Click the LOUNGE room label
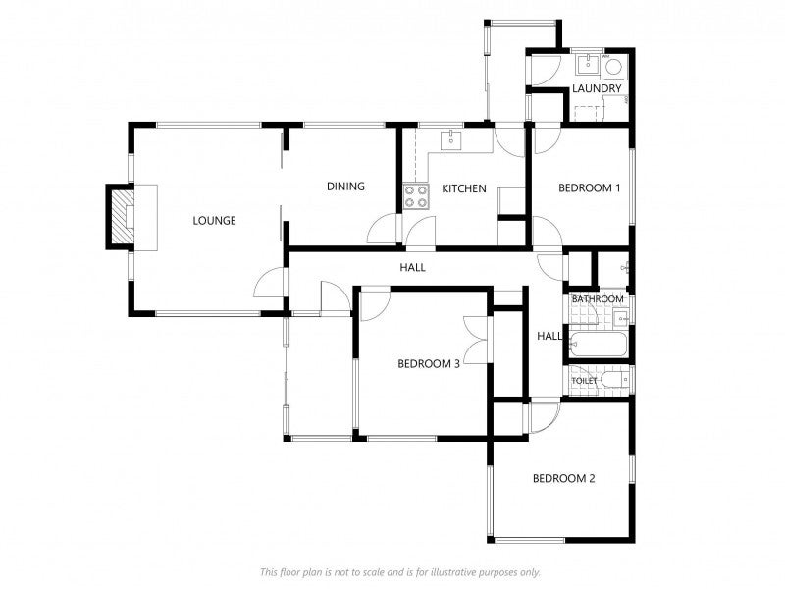214,220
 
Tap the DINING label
345,187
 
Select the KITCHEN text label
464,188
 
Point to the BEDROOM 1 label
590,188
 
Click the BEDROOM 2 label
563,479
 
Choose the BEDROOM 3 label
429,363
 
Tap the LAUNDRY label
597,88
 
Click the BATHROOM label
598,299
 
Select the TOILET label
584,381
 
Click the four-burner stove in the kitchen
416,196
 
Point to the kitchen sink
452,140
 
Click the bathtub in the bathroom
598,345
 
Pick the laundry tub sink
587,65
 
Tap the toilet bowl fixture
614,380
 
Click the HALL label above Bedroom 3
412,267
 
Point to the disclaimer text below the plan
400,572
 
